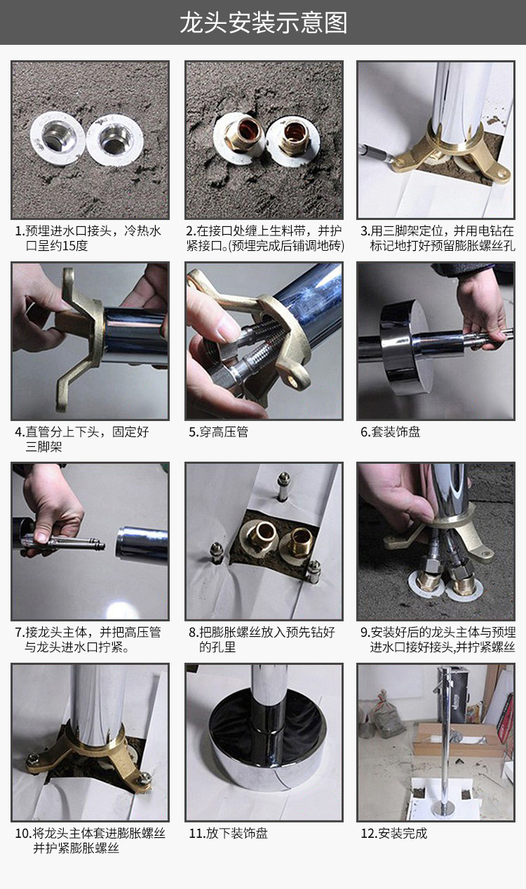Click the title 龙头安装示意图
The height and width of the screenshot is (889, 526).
tap(264, 22)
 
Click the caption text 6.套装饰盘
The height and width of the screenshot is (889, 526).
tap(390, 432)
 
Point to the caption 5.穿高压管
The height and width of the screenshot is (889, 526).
tap(218, 432)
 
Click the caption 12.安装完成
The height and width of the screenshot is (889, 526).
tap(393, 834)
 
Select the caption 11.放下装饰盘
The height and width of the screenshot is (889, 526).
tap(228, 834)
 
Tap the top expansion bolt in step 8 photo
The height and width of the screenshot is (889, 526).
tap(283, 485)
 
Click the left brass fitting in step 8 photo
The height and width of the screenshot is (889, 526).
tap(261, 539)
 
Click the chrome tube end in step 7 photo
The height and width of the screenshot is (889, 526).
tap(142, 542)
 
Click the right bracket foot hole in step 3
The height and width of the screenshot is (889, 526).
tap(502, 174)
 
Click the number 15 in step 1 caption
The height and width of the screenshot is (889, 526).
tap(68, 246)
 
